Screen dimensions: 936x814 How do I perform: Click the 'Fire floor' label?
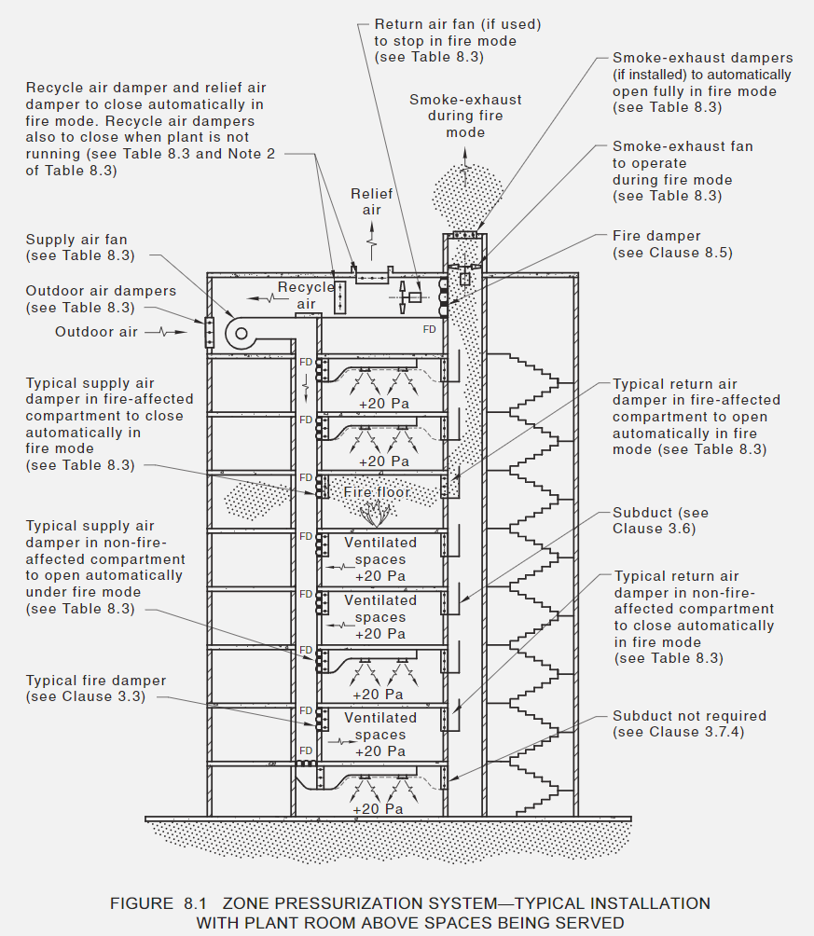tap(377, 491)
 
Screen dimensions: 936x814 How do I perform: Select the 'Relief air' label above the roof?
tap(372, 201)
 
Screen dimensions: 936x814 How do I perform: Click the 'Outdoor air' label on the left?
tap(95, 332)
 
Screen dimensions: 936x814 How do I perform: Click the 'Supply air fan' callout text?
tap(80, 247)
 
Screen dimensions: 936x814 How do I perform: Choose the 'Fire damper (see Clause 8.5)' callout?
tap(656, 244)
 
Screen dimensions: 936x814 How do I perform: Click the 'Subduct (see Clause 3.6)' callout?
tap(660, 520)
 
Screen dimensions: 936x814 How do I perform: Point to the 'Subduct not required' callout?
tap(689, 723)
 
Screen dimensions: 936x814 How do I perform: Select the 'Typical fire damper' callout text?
tap(96, 688)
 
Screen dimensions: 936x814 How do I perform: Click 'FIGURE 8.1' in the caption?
tap(155, 903)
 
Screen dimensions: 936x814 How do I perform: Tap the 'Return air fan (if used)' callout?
tap(457, 39)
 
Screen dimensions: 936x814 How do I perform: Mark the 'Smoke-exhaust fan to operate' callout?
tap(683, 171)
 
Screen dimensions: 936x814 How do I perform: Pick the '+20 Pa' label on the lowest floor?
tap(379, 809)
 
